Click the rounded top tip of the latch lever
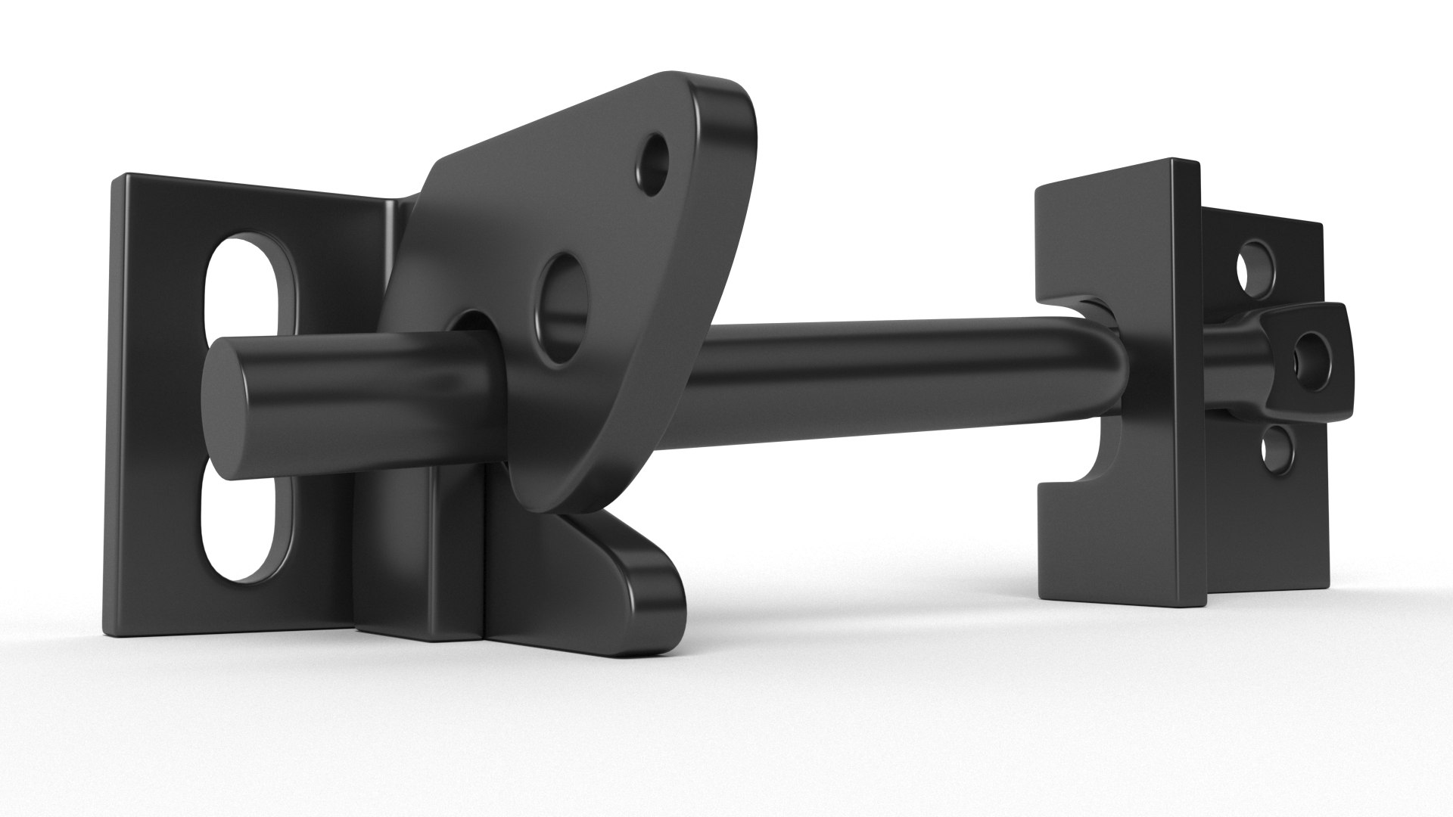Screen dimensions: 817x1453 pos(704,91)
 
